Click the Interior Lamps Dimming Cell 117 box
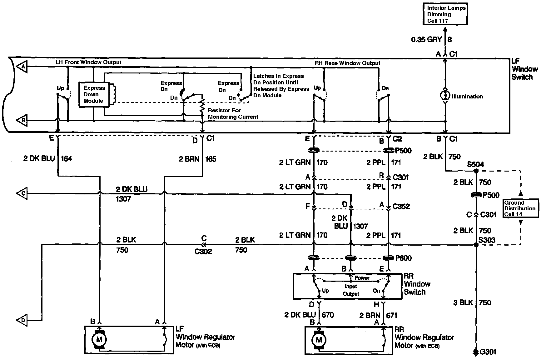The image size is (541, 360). [x=446, y=14]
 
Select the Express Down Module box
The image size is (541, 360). [x=93, y=94]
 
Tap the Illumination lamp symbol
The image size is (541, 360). [x=445, y=96]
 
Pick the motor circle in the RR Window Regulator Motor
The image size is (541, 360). [x=319, y=340]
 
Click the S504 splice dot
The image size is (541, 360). [x=476, y=171]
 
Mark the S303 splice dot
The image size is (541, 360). [x=476, y=245]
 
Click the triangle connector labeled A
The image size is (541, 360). [x=22, y=66]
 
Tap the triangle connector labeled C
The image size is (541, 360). [x=22, y=193]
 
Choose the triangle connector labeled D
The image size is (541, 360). [x=22, y=320]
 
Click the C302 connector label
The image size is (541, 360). [x=203, y=251]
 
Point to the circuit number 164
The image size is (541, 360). [x=66, y=158]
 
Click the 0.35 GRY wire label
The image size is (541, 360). [x=426, y=39]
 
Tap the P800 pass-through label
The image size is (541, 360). [x=403, y=258]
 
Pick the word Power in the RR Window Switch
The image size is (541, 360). [x=362, y=278]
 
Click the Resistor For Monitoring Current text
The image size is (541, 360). [x=233, y=113]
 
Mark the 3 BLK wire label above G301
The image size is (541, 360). [x=463, y=302]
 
